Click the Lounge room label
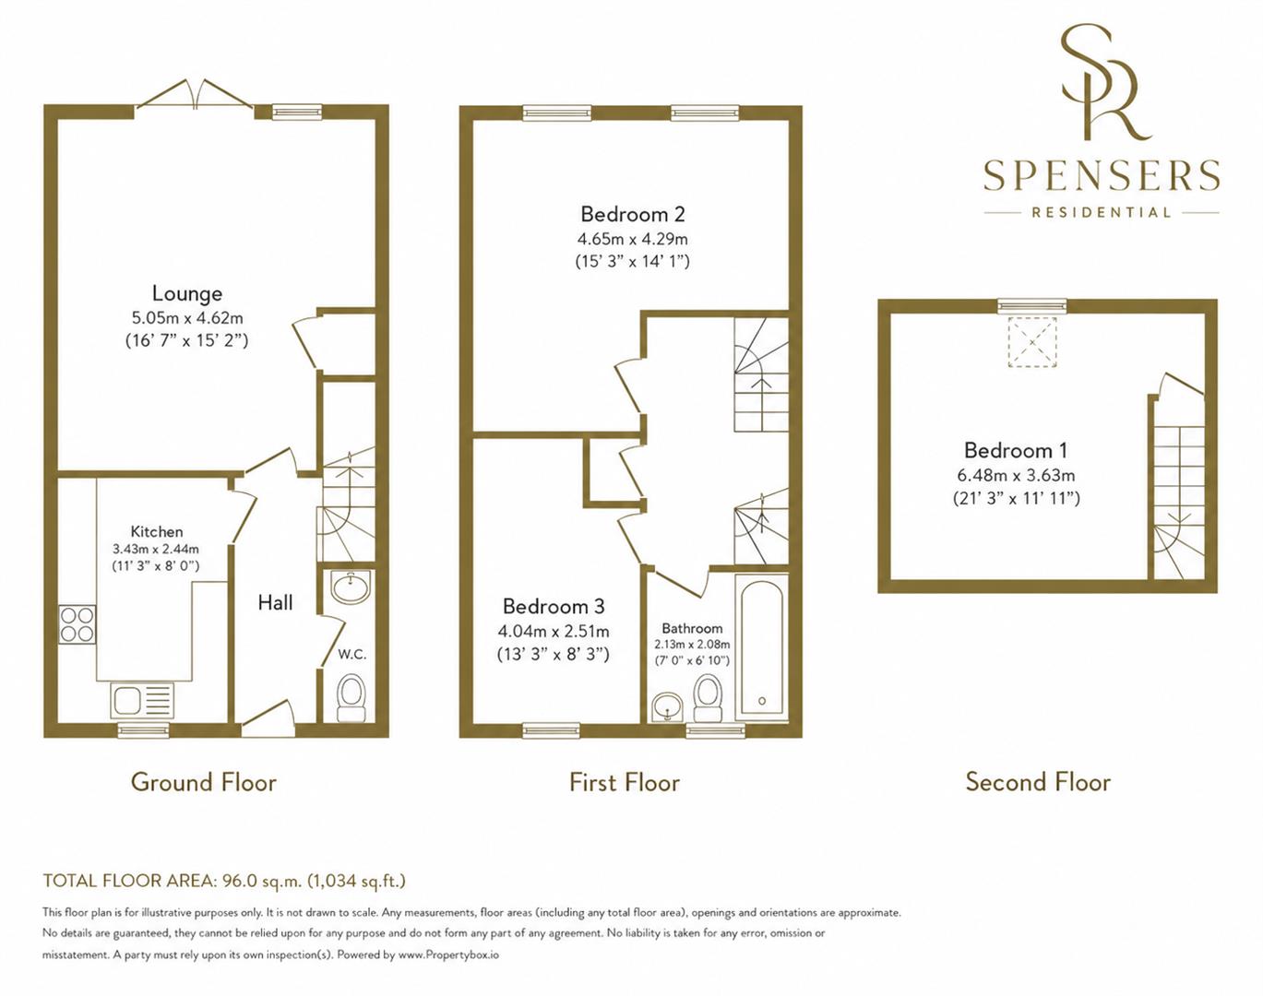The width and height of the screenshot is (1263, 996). (187, 293)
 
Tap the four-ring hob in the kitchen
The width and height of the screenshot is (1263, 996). (77, 624)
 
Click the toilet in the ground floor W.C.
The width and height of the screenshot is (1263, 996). (351, 698)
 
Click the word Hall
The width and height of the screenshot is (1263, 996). (275, 602)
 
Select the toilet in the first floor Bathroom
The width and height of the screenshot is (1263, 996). (708, 698)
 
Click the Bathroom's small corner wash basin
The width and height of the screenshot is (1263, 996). (667, 707)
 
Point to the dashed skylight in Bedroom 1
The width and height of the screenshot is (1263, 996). (1031, 342)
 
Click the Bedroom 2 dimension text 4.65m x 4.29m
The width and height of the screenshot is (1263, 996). (633, 239)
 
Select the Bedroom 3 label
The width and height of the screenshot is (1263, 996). (554, 606)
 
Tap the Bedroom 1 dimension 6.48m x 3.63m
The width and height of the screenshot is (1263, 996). (1016, 475)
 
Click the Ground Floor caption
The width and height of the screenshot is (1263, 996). (204, 782)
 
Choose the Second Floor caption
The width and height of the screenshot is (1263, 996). (1038, 782)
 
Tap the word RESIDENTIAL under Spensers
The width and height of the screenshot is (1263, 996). (1102, 212)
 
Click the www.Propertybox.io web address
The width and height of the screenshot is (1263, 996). (449, 954)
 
